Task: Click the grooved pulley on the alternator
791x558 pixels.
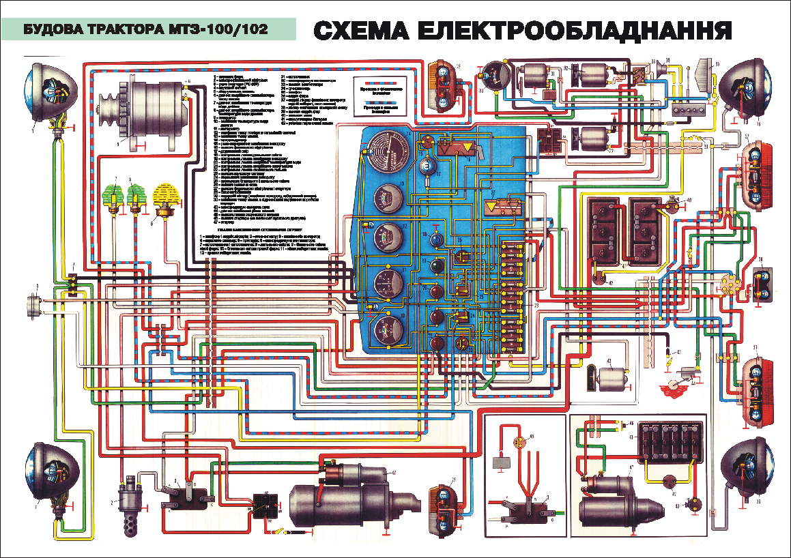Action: pyautogui.click(x=108, y=109)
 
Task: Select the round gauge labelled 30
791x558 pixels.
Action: pyautogui.click(x=493, y=73)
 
